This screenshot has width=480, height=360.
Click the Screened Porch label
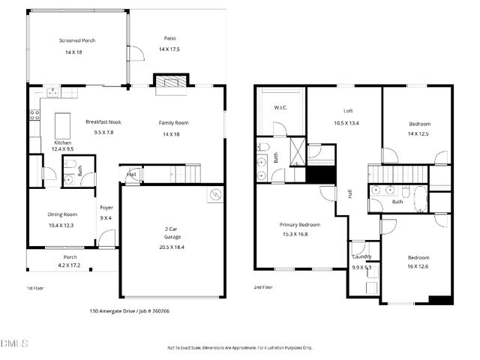pos(77,40)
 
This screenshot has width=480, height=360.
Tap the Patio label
pos(169,38)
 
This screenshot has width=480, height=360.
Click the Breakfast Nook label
pos(103,122)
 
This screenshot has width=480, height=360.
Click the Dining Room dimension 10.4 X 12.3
pos(63,226)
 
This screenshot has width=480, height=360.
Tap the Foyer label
pos(106,208)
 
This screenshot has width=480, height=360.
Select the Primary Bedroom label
pos(300,225)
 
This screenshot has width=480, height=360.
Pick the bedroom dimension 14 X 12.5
pos(419,134)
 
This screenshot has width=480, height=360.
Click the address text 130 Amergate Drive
pos(117,310)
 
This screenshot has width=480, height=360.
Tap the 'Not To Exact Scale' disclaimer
pos(238,348)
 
